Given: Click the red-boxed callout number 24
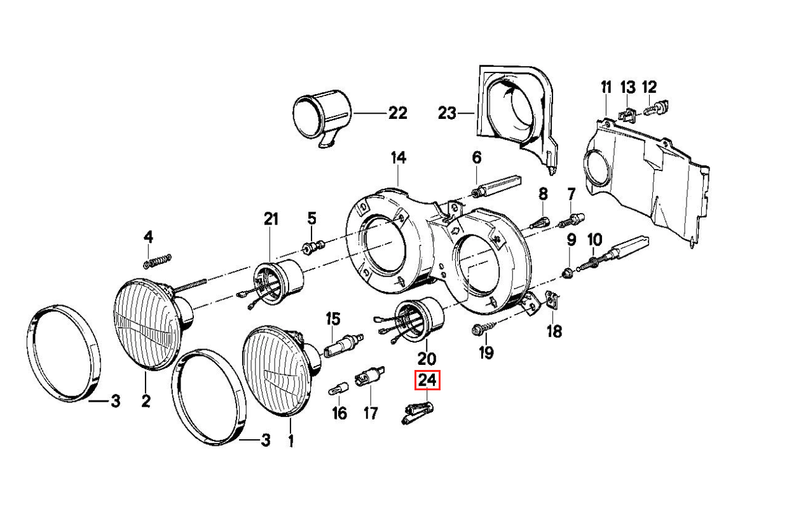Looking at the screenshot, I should pyautogui.click(x=427, y=381).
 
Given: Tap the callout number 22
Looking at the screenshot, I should pyautogui.click(x=397, y=113).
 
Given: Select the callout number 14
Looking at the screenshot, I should pyautogui.click(x=398, y=158).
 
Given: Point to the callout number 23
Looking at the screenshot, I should pyautogui.click(x=447, y=113).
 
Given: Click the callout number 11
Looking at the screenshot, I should pyautogui.click(x=605, y=88).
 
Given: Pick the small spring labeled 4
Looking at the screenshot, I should pyautogui.click(x=158, y=259).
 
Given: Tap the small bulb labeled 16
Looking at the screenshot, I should pyautogui.click(x=338, y=388).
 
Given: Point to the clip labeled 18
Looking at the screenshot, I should pyautogui.click(x=552, y=299).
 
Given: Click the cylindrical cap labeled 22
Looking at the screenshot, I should pyautogui.click(x=323, y=114).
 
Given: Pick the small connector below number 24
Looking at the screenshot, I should pyautogui.click(x=416, y=413).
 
